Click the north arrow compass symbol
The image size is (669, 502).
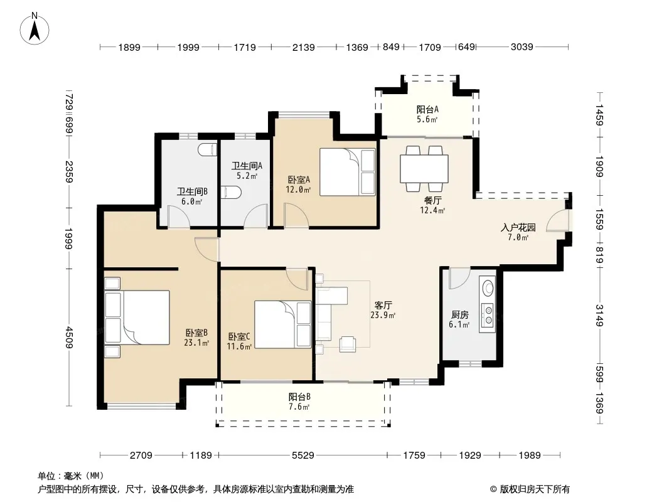click(x=35, y=28)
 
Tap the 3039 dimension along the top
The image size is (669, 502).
click(x=522, y=47)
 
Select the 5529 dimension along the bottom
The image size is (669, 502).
click(x=303, y=455)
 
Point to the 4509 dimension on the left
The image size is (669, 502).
click(x=69, y=337)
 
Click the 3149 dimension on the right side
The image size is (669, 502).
click(x=599, y=315)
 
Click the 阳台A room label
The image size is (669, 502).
click(x=427, y=109)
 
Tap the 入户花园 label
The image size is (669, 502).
click(x=518, y=227)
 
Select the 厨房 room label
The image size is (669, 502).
click(x=459, y=315)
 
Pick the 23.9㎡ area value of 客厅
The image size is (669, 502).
click(x=383, y=315)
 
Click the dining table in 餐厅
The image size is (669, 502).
click(x=424, y=169)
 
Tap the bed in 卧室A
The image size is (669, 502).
click(x=347, y=172)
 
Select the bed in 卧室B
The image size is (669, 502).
click(x=137, y=318)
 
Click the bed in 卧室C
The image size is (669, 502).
click(x=282, y=324)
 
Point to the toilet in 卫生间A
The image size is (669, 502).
click(x=232, y=193)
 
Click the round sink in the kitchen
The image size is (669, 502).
click(x=487, y=287)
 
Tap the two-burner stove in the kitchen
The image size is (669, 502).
click(x=487, y=315)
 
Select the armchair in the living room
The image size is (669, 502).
click(x=348, y=344)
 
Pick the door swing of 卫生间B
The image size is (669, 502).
click(x=179, y=216)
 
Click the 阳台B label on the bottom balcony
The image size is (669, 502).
click(x=299, y=397)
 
